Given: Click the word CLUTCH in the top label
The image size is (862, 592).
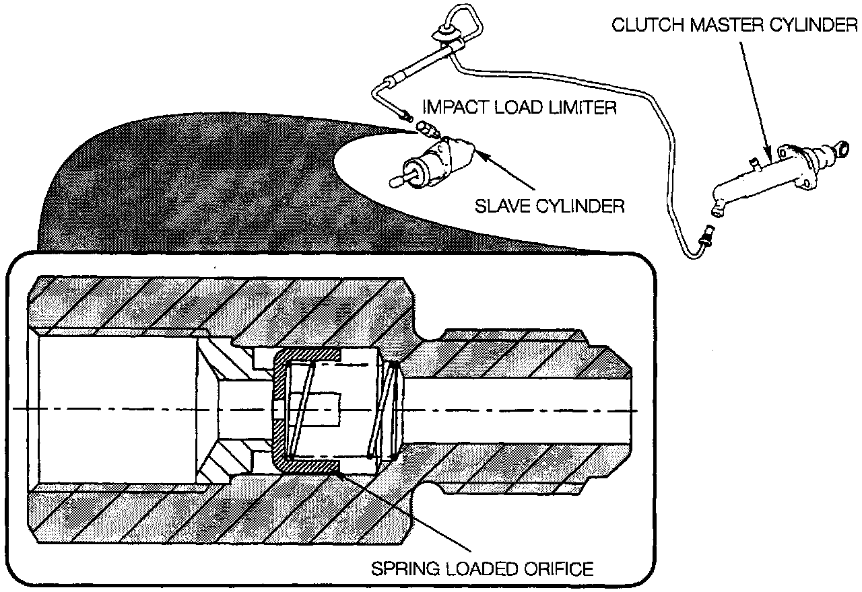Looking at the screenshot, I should [x=646, y=26].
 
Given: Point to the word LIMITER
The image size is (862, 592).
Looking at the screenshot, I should [x=584, y=107].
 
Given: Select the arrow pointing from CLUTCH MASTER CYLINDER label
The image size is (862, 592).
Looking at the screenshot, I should [x=755, y=94].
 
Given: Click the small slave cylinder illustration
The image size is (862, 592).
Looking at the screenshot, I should [x=438, y=161].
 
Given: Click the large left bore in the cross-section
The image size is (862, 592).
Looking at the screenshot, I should [x=118, y=409].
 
